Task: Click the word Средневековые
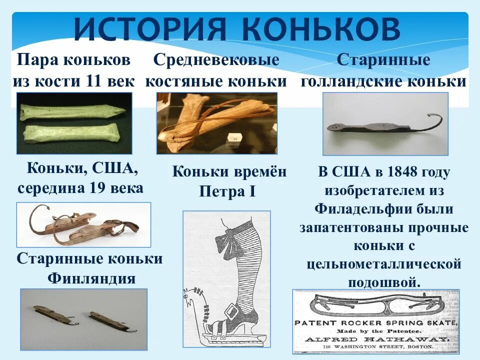coord(216,60)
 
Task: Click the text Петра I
coord(227,191)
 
